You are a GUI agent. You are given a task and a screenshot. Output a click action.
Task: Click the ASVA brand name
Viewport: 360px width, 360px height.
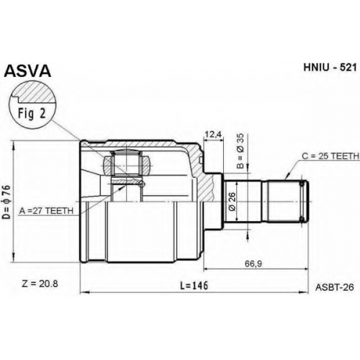[x=28, y=71]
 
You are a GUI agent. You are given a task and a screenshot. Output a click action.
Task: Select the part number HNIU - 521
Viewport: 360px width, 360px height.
[x=330, y=68]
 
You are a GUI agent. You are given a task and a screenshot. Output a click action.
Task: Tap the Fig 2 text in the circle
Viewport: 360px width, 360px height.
[x=32, y=114]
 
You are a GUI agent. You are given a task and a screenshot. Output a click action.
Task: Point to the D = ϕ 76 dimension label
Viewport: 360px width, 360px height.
[x=7, y=202]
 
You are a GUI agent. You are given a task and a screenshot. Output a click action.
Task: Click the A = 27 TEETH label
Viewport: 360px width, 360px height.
[x=46, y=211]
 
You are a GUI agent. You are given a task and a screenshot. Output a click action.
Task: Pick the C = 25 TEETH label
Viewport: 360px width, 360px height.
[x=330, y=156]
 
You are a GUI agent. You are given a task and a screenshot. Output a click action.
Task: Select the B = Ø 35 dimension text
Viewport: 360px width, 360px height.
[x=240, y=150]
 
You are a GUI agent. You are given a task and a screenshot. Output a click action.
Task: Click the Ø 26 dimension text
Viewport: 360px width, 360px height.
[x=233, y=202]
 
